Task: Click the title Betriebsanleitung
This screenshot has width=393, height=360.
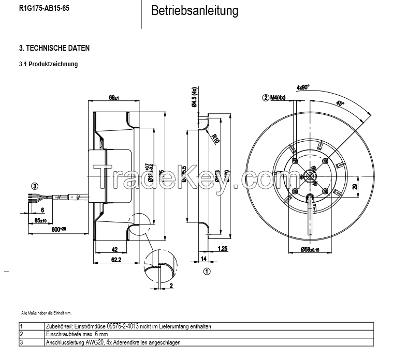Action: tap(195, 11)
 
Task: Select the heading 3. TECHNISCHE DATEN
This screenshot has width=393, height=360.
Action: tap(54, 48)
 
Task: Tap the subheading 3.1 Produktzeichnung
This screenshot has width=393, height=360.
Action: tap(48, 64)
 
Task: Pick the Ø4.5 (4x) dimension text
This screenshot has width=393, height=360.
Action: tap(195, 97)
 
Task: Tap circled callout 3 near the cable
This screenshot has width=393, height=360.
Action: tap(34, 186)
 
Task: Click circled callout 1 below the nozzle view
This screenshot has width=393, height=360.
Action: tap(207, 270)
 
